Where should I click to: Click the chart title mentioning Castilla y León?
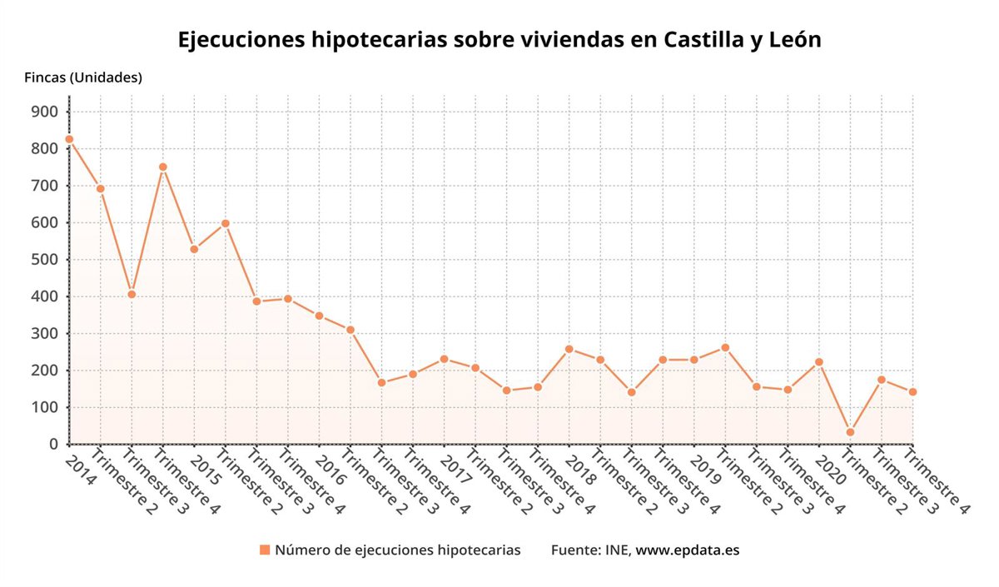(x=499, y=40)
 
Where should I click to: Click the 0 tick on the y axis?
(x=52, y=444)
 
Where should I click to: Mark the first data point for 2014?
(x=69, y=139)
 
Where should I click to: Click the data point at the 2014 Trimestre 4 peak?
(x=163, y=167)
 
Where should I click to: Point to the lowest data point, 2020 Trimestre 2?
(x=850, y=432)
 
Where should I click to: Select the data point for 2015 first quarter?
(x=194, y=249)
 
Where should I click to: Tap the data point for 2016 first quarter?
(x=319, y=316)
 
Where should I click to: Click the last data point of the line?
(x=912, y=392)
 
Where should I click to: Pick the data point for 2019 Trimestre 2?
(x=725, y=347)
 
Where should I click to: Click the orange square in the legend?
(x=265, y=550)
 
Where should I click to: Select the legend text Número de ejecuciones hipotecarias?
(x=398, y=550)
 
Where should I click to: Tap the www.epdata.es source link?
(x=688, y=550)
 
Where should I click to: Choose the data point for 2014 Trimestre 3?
(x=132, y=294)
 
